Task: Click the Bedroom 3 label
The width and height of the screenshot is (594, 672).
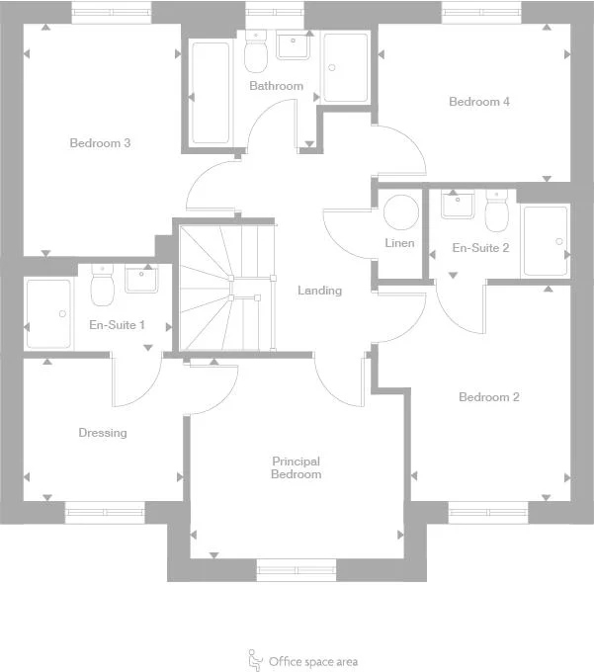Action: point(100,143)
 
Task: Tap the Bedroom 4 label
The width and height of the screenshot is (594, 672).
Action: point(479,102)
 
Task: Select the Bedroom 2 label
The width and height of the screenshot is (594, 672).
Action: point(489,397)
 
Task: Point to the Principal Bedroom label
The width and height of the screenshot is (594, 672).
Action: point(297,467)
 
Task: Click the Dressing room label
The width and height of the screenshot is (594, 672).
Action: point(103,433)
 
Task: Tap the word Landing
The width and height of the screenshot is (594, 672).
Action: point(320,291)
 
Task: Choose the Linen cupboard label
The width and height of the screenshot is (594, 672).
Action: point(400,244)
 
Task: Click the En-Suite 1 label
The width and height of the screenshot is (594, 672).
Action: point(118,324)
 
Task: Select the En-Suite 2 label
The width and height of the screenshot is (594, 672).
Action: point(480,248)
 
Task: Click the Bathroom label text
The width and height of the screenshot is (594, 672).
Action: point(277,86)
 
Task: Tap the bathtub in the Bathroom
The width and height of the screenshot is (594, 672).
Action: point(211,92)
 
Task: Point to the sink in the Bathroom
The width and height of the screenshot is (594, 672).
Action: point(294,46)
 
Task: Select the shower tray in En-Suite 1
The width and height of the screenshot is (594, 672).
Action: point(48,313)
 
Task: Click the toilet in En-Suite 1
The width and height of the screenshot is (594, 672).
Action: point(102,286)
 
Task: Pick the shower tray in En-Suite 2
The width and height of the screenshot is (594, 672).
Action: point(546,240)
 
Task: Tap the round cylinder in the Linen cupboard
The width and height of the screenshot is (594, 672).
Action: point(401,213)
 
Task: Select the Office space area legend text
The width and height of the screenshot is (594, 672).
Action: point(313,662)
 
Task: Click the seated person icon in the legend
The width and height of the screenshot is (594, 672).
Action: point(255,659)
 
